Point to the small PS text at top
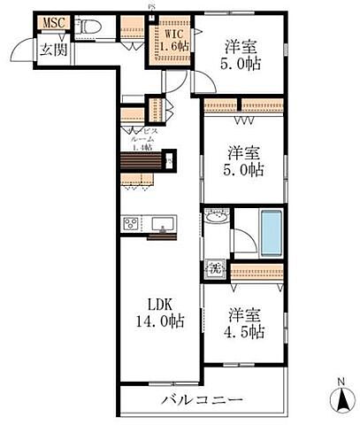pyautogui.click(x=151, y=6)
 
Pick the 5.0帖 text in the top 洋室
pyautogui.click(x=241, y=64)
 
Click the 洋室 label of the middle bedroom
pyautogui.click(x=242, y=151)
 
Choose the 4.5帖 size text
pyautogui.click(x=244, y=332)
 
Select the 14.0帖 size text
pyautogui.click(x=160, y=322)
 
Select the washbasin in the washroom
pyautogui.click(x=217, y=218)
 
